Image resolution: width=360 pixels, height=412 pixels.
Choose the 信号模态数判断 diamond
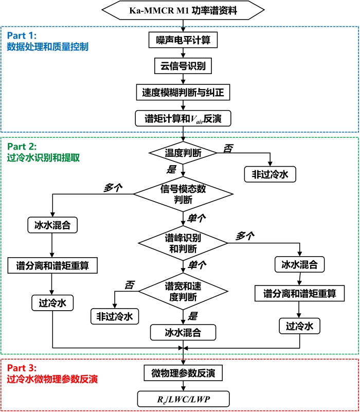183,194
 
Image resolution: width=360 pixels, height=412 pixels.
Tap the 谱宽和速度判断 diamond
183,292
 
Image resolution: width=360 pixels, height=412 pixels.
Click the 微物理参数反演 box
183,373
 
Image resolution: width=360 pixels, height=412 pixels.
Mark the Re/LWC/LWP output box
183,399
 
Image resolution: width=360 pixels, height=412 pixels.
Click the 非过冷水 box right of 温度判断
270,174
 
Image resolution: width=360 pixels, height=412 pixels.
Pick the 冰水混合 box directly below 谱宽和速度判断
183,332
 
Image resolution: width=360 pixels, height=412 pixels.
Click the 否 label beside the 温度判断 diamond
227,148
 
